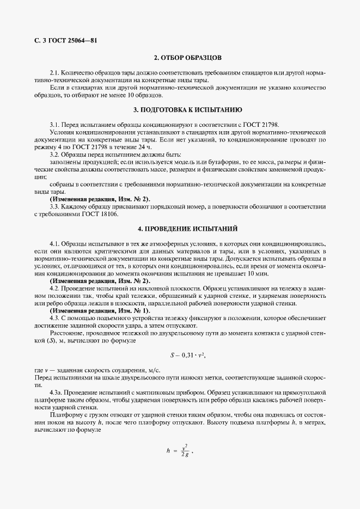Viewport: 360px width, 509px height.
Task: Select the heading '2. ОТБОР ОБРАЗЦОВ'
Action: pyautogui.click(x=180, y=57)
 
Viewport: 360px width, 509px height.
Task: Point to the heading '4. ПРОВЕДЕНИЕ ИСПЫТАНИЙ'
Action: pyautogui.click(x=180, y=229)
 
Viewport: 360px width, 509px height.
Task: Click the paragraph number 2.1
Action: pyautogui.click(x=54, y=72)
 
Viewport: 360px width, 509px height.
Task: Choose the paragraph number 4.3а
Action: pyautogui.click(x=56, y=391)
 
